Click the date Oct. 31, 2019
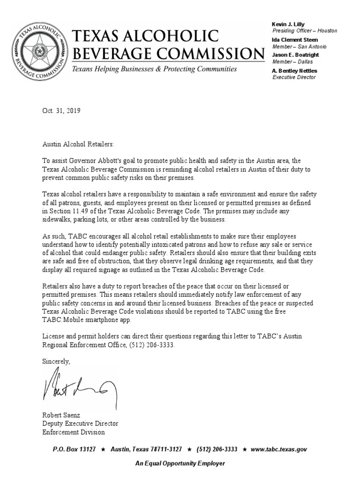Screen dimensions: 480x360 (x=61, y=111)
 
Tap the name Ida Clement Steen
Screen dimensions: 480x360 (x=295, y=40)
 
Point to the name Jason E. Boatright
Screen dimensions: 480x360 (x=295, y=55)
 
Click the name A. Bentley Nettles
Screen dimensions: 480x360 (x=294, y=71)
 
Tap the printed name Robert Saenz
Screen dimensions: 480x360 (x=61, y=415)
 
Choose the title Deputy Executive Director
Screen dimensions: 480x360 (x=81, y=424)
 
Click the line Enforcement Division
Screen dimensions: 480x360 (x=74, y=432)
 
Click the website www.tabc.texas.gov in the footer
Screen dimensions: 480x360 (x=279, y=449)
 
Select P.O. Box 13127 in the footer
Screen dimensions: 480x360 (x=74, y=449)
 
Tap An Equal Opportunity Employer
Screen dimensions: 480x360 (x=180, y=463)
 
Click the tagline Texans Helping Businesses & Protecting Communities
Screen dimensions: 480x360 (x=154, y=69)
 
